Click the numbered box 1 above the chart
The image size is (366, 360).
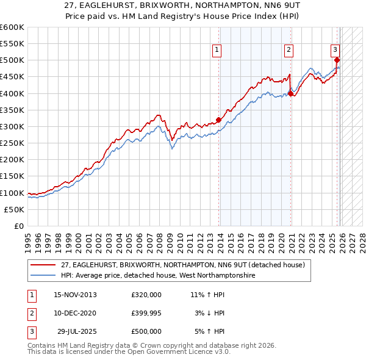[217, 51]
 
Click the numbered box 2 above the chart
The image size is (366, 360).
[289, 51]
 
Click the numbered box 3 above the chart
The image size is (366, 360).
[335, 51]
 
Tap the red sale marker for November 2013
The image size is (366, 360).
[219, 120]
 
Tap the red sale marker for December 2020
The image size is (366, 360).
[290, 93]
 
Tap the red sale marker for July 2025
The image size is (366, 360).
[337, 60]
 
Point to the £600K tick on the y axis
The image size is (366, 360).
[12, 27]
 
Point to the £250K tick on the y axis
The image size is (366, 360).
[12, 143]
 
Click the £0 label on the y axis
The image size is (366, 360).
[19, 226]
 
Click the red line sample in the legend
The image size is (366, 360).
[44, 265]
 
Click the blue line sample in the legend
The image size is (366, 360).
[44, 275]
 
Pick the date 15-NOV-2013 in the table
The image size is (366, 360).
[75, 295]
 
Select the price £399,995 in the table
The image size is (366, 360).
[146, 313]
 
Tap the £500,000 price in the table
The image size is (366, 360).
[146, 331]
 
